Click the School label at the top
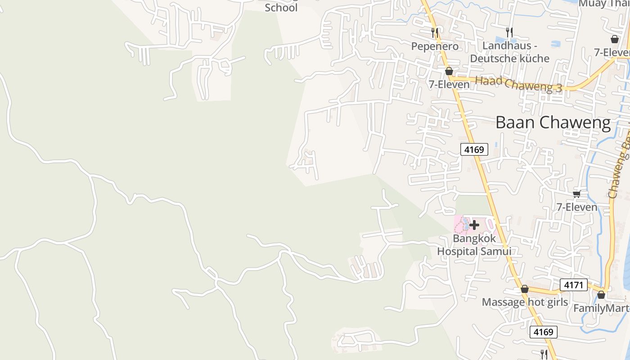click(281, 8)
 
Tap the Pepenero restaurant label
click(435, 46)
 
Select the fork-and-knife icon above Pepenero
click(435, 32)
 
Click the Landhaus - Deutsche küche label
click(510, 52)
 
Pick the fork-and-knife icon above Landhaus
click(509, 32)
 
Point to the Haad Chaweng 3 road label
click(518, 84)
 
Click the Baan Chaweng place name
click(553, 122)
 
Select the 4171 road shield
click(574, 284)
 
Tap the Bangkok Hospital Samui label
click(474, 245)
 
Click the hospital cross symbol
click(474, 225)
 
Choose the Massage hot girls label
click(525, 302)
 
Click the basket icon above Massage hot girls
click(525, 289)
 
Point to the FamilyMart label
click(601, 308)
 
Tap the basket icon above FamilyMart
click(601, 295)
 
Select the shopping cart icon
click(577, 194)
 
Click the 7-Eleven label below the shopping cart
click(577, 207)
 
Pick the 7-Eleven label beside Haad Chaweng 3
click(449, 84)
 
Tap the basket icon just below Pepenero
click(449, 71)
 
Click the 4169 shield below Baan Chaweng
click(474, 149)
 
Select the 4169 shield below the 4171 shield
click(544, 332)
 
